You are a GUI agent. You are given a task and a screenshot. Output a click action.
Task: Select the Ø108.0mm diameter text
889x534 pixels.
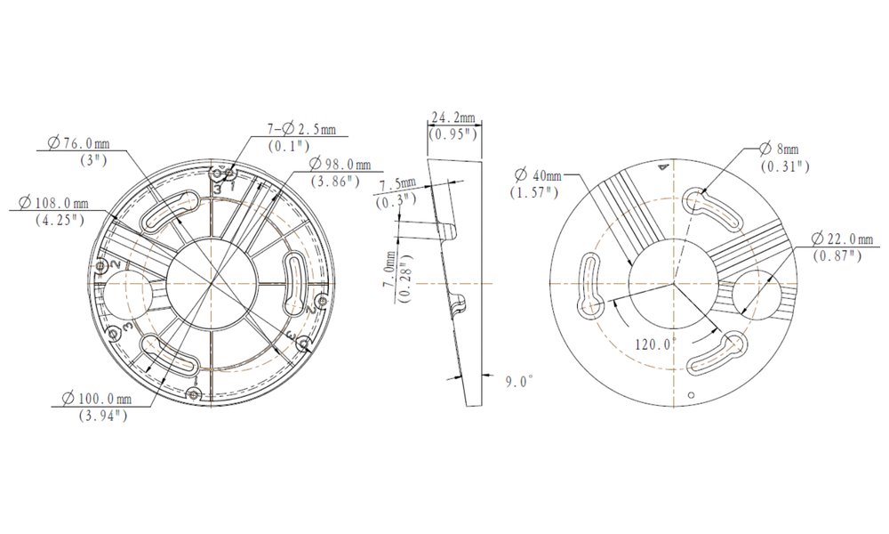[54, 204]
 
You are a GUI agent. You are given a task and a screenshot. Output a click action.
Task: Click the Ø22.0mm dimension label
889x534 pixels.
[837, 239]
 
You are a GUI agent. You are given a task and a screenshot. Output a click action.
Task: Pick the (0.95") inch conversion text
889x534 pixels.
[453, 135]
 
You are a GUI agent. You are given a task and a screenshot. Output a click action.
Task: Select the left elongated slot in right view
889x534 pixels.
[591, 287]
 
